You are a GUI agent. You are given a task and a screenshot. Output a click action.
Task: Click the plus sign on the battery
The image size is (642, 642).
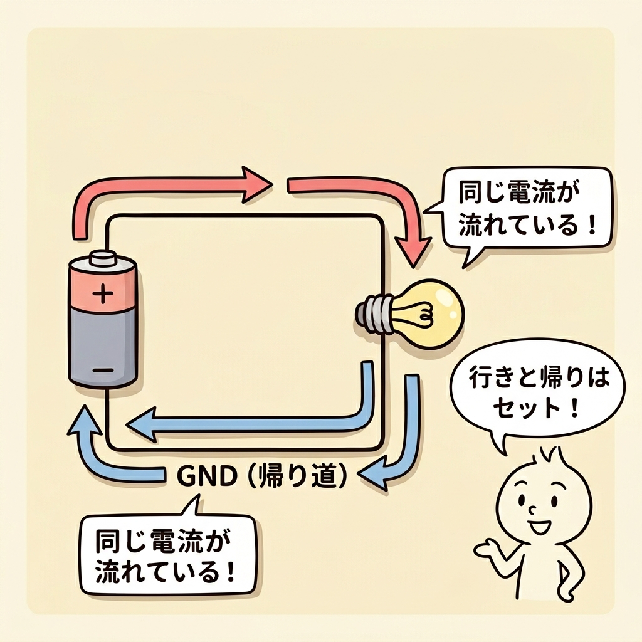pyautogui.click(x=103, y=293)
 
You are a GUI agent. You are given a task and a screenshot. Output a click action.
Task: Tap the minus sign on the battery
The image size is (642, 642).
pyautogui.click(x=103, y=371)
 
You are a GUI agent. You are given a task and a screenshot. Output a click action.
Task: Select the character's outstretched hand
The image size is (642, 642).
pyautogui.click(x=483, y=550)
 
